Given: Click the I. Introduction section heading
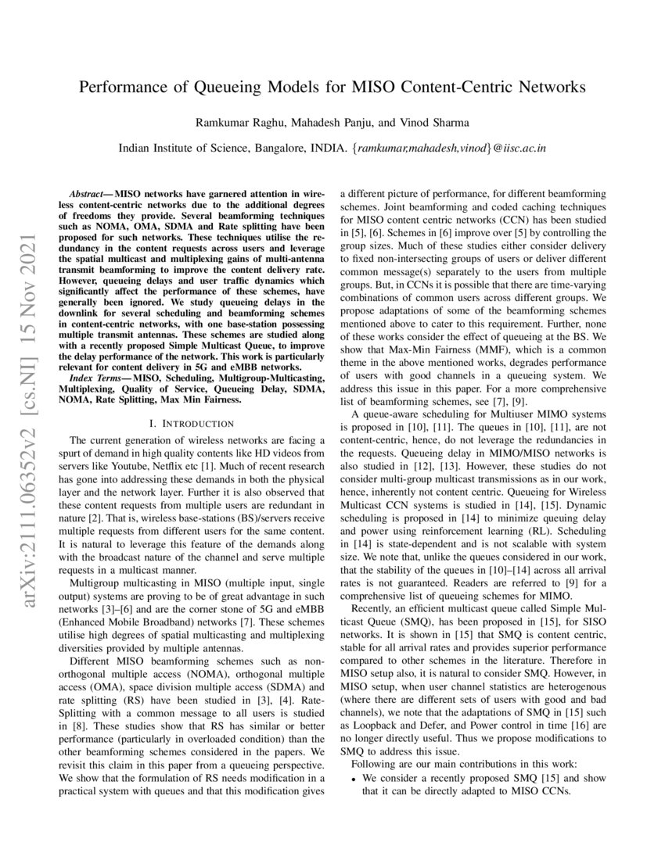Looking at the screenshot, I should point(192,423).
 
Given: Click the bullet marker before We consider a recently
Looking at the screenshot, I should point(354,779).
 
